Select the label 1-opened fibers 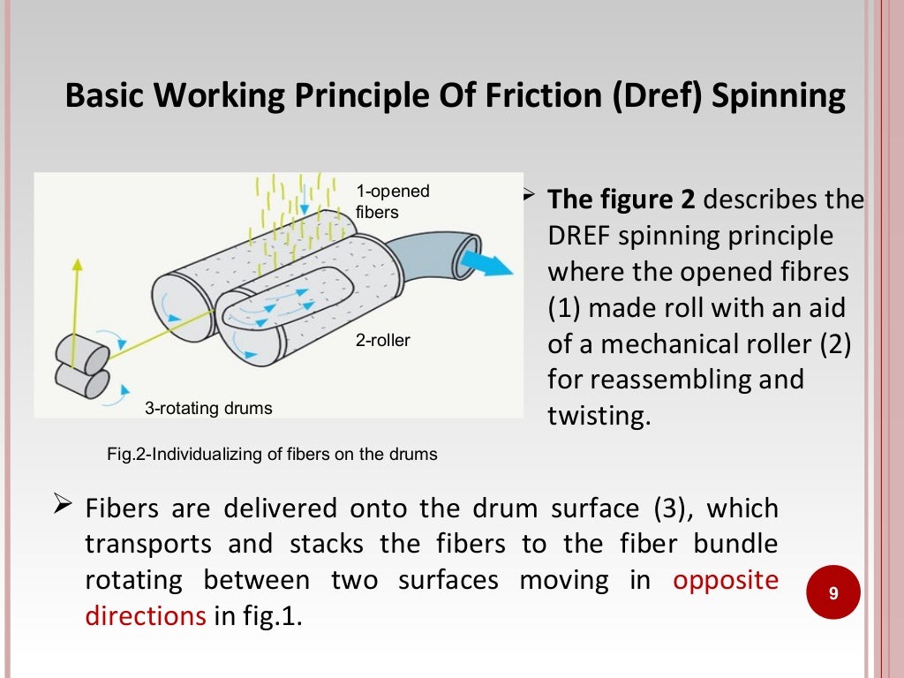(x=392, y=201)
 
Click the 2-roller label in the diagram (x=383, y=340)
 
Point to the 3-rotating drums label (x=208, y=408)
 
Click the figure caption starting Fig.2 (x=271, y=455)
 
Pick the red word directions (x=145, y=615)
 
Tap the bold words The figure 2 (x=621, y=200)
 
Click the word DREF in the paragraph (x=579, y=236)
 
